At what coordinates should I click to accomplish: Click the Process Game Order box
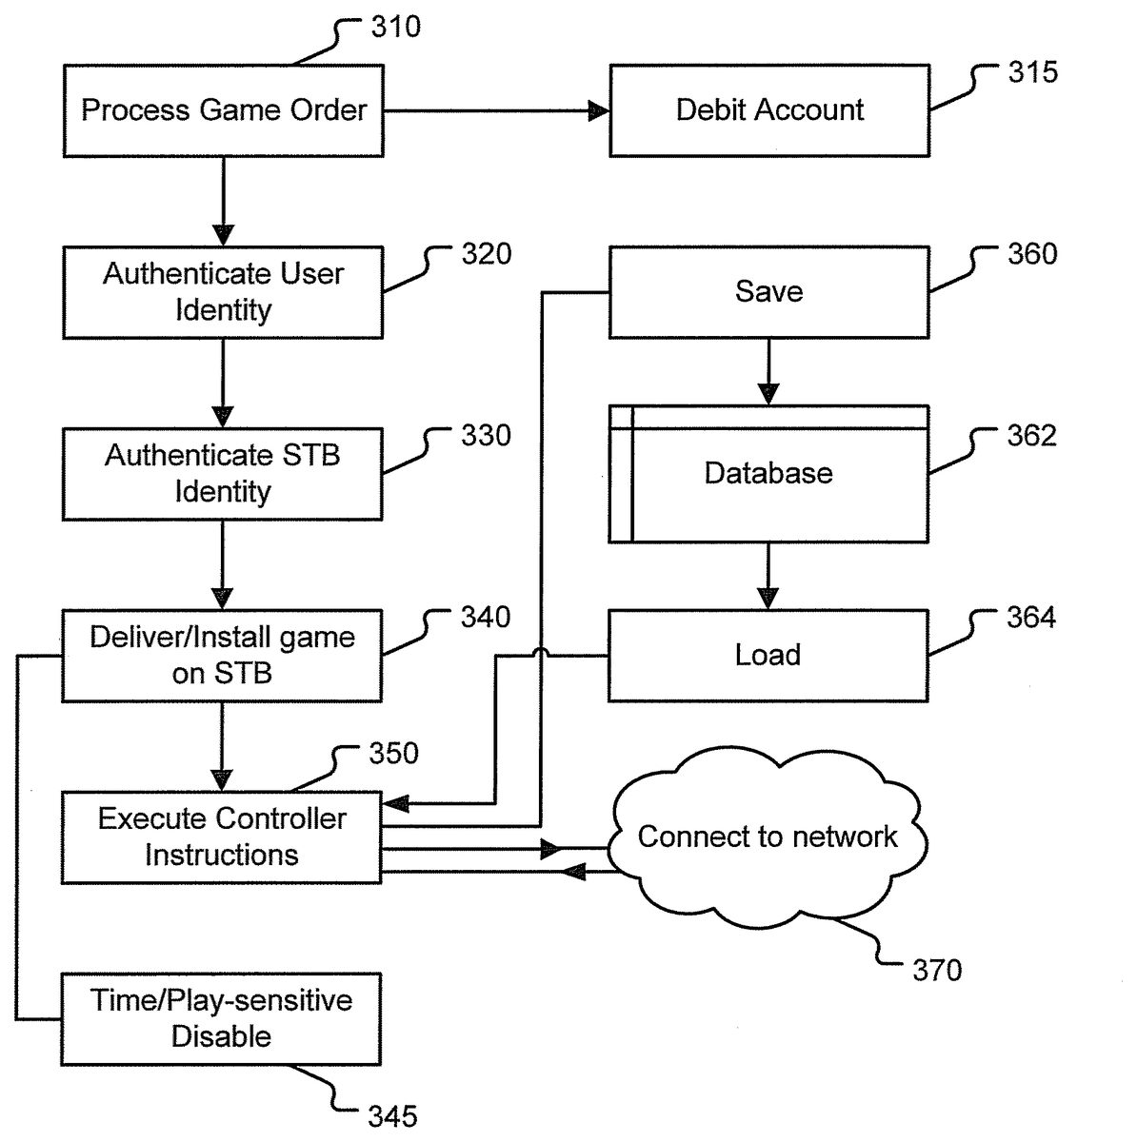(x=224, y=110)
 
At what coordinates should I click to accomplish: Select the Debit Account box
(x=769, y=110)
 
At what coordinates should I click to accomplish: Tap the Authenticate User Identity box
(x=224, y=292)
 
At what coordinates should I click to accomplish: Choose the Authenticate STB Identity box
(x=223, y=474)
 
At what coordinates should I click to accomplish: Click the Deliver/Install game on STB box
(x=222, y=656)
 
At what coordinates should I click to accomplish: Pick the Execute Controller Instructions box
(x=222, y=837)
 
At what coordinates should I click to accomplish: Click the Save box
(x=768, y=291)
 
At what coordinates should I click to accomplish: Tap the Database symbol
(x=768, y=474)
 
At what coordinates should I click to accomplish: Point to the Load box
(x=768, y=656)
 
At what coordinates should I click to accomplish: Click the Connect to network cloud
(x=768, y=837)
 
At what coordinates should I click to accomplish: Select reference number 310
(x=395, y=27)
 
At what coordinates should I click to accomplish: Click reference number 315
(x=1033, y=72)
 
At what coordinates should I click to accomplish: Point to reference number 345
(x=392, y=1115)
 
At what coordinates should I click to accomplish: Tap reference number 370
(x=937, y=971)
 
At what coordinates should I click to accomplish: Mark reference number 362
(x=1032, y=436)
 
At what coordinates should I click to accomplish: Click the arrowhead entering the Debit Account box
(x=599, y=111)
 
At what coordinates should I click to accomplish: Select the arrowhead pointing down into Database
(x=768, y=393)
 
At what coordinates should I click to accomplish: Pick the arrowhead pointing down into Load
(x=768, y=598)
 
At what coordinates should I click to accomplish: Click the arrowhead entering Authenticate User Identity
(x=223, y=235)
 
